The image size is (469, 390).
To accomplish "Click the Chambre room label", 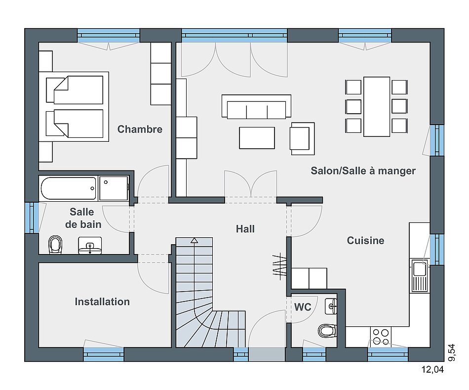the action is (x=140, y=129).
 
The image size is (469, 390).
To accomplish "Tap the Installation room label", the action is (x=102, y=302).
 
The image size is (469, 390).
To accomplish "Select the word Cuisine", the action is (x=365, y=241).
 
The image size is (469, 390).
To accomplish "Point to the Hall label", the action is (x=245, y=229).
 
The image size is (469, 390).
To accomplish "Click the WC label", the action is (x=303, y=307).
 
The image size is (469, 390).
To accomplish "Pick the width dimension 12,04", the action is (x=432, y=370).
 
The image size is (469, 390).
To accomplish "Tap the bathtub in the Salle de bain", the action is (x=69, y=188).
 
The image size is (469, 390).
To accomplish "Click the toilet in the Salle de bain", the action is (x=55, y=245).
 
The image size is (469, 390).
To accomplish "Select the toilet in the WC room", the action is (x=327, y=331).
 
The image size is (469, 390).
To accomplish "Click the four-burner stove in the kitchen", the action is (x=381, y=337).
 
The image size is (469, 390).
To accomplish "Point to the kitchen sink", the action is (x=419, y=276).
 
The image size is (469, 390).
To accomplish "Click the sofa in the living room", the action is (x=256, y=106).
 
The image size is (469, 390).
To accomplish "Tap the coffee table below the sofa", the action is (x=257, y=138).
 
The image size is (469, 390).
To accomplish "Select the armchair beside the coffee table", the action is (x=302, y=139).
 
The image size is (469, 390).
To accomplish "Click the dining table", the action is (x=377, y=107).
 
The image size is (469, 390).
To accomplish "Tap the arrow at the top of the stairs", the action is (x=195, y=240).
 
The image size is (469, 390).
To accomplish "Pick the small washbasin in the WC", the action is (x=331, y=306).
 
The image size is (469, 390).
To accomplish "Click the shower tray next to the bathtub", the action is (x=114, y=188).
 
